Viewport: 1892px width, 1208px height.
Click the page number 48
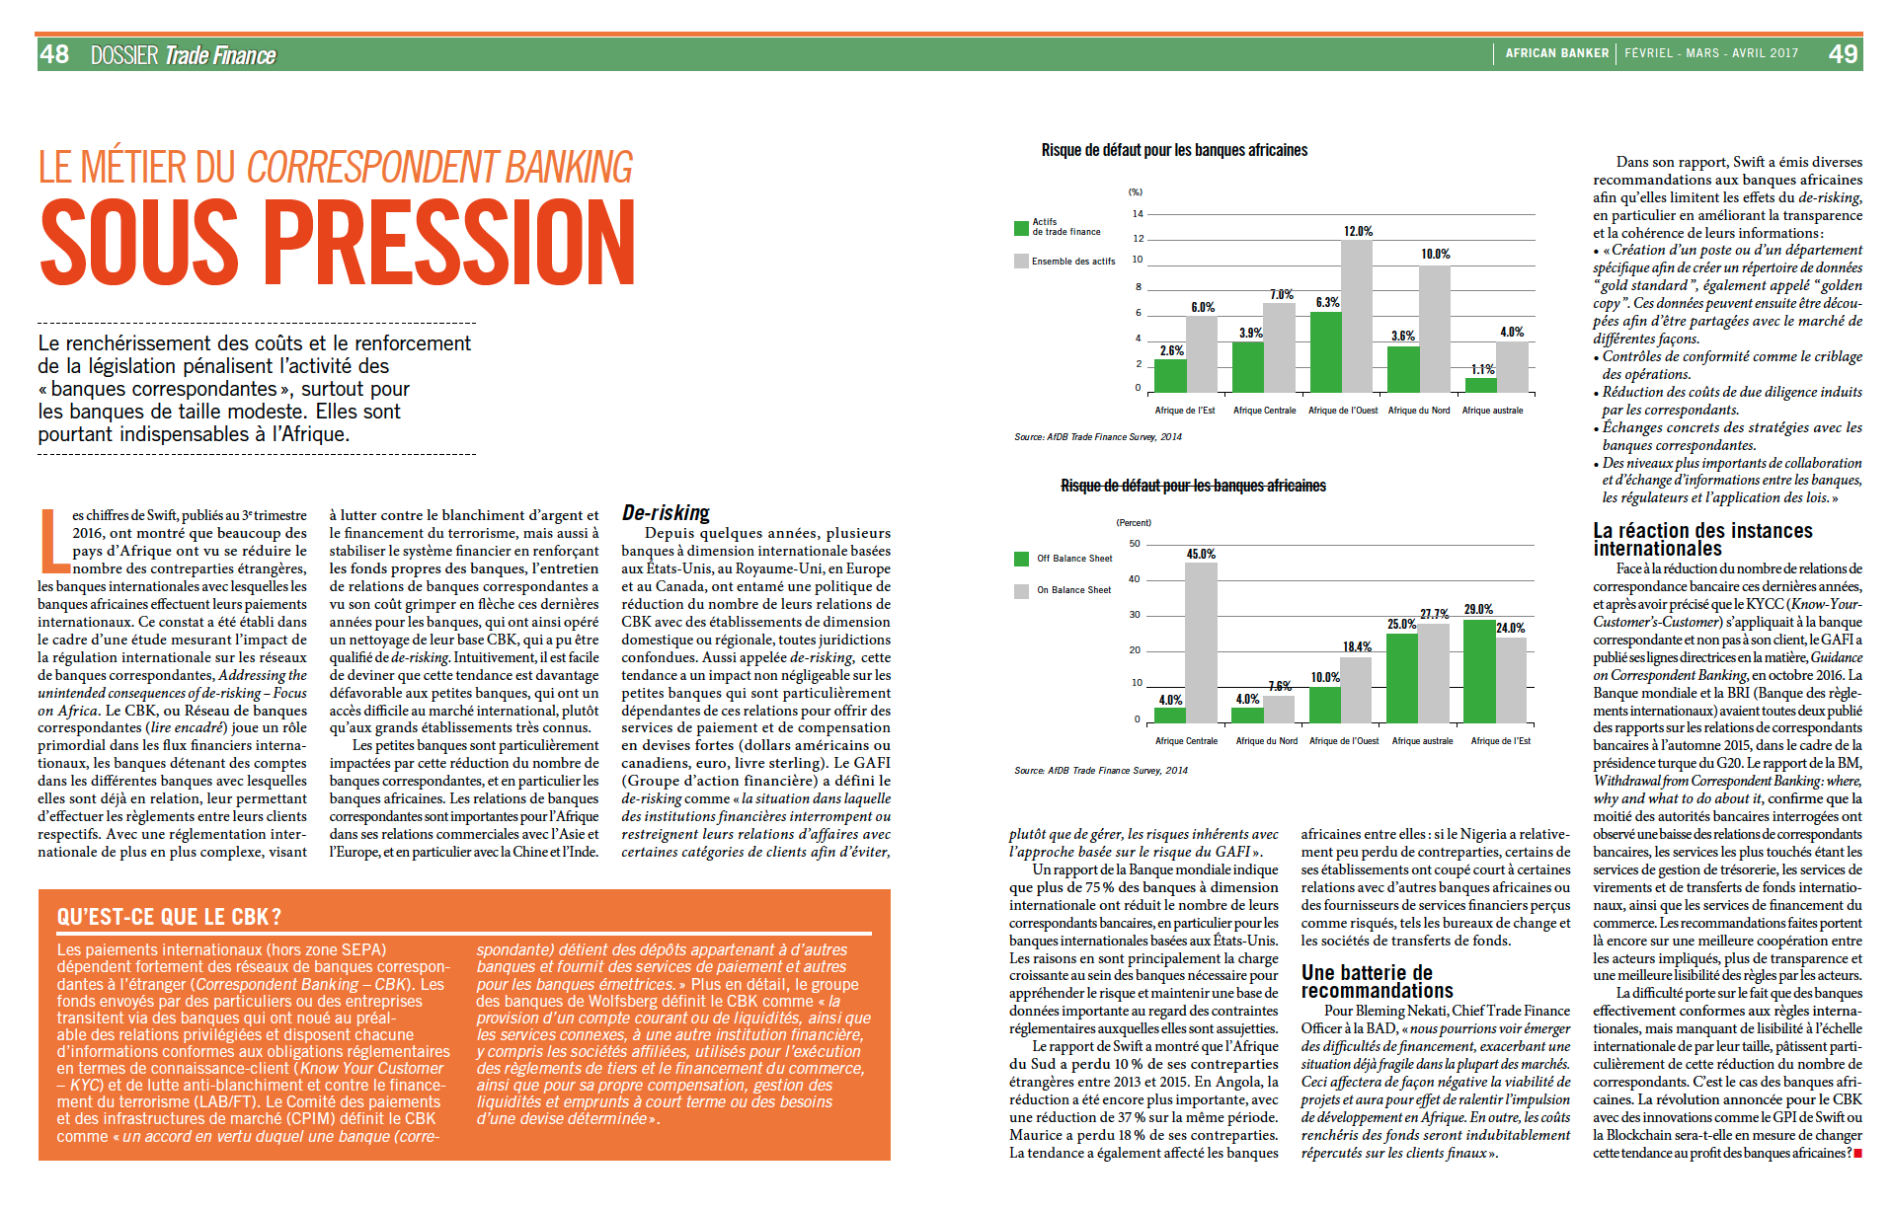coord(55,54)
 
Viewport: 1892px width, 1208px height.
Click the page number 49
coord(1843,54)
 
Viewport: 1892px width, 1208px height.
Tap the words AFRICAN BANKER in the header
coord(1556,53)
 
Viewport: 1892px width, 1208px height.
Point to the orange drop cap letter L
coord(52,541)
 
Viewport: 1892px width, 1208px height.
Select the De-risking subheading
coord(666,513)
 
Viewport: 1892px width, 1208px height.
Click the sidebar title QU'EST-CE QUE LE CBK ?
coord(169,917)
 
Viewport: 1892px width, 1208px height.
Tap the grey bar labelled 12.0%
coord(1357,316)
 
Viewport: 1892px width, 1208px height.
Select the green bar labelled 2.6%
coord(1170,376)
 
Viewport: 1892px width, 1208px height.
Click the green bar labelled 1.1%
coord(1480,385)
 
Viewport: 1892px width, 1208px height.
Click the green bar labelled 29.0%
coord(1478,671)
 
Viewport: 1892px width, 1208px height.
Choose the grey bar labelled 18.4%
coord(1356,689)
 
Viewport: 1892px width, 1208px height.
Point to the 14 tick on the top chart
coord(1138,214)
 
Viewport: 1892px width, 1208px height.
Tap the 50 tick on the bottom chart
coord(1135,544)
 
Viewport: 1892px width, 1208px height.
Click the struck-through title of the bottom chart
coord(1193,486)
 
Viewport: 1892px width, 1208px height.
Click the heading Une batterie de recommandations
coord(1377,981)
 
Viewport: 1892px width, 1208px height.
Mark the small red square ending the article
coord(1857,1153)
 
